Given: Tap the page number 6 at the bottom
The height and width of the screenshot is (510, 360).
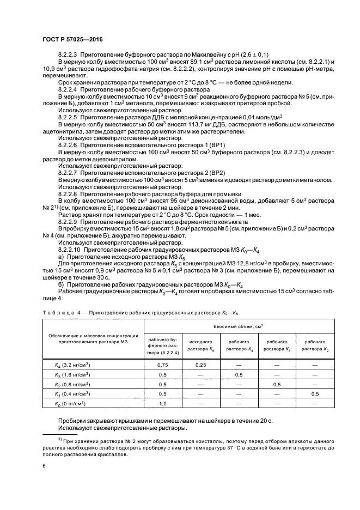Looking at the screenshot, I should click(44, 466).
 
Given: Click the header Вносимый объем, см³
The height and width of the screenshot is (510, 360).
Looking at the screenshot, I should click(238, 326).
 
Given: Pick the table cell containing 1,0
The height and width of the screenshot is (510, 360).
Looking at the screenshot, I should click(162, 403).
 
